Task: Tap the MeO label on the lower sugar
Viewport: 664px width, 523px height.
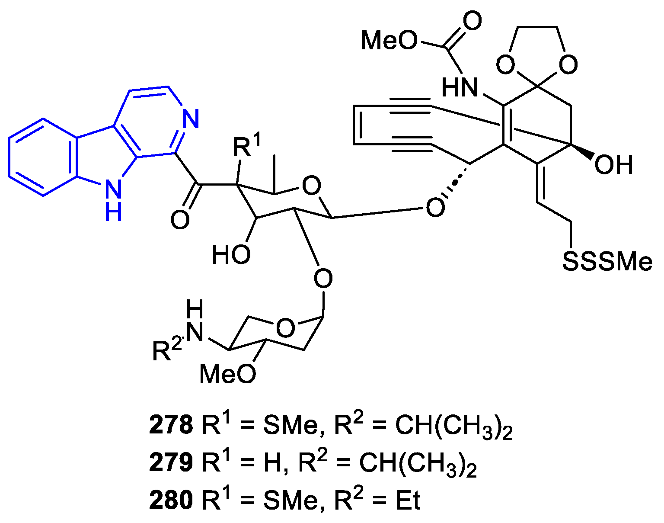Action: click(x=228, y=373)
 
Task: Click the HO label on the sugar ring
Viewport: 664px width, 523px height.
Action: click(x=231, y=254)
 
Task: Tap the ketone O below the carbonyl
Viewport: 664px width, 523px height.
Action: click(x=180, y=220)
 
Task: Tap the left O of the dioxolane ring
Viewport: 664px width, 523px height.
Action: click(x=505, y=65)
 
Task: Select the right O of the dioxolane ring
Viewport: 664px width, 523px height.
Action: click(x=568, y=65)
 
